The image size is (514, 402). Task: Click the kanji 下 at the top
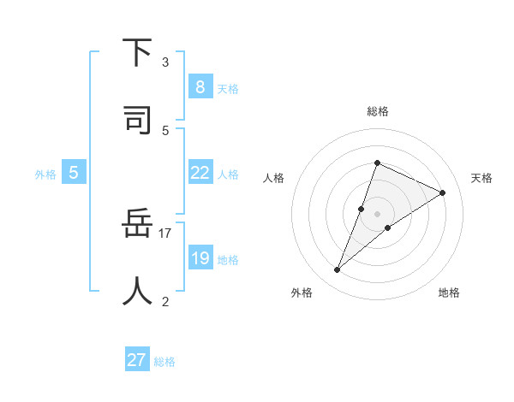coord(137,52)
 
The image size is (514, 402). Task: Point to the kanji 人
coord(137,291)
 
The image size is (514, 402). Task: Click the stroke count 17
coord(165,233)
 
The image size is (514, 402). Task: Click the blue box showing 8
coord(200,86)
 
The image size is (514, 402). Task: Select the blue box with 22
coord(200,173)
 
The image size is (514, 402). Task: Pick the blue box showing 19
coord(200,258)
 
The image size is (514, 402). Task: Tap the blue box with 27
coord(137,360)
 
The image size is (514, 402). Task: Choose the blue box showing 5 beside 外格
coord(74,173)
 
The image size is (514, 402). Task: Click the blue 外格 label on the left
coord(45,174)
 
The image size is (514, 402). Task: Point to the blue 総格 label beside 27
coord(164,361)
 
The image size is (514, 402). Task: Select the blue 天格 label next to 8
coord(228,87)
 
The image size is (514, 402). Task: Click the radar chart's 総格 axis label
coord(377,111)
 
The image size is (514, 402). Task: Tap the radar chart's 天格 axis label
coord(481,178)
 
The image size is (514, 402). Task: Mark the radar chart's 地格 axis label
coord(449,293)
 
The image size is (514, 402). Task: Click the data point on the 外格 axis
coord(337,270)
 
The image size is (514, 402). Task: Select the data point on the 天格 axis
coord(442,192)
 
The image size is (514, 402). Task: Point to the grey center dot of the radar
coord(377,213)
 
